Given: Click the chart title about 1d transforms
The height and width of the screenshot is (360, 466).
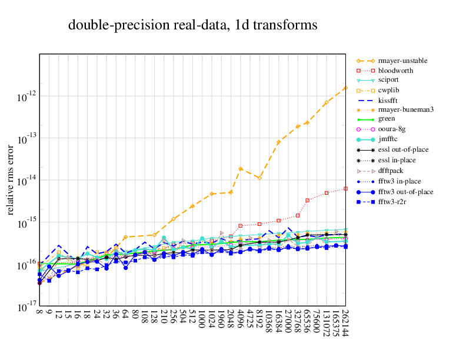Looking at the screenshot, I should tap(193, 25).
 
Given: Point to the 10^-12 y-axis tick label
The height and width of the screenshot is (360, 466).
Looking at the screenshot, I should tap(26, 96).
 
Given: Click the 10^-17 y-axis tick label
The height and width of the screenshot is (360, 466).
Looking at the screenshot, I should tap(26, 308).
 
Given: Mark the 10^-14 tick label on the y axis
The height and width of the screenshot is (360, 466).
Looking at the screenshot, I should tap(26, 181).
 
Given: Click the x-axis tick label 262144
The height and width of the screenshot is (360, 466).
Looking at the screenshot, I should tap(345, 324).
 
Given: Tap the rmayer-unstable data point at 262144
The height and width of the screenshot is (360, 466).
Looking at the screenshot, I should tap(345, 88).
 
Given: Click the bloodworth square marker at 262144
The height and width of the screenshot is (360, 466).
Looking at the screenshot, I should tap(345, 189).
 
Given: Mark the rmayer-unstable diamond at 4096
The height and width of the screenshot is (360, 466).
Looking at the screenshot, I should tap(240, 169).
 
